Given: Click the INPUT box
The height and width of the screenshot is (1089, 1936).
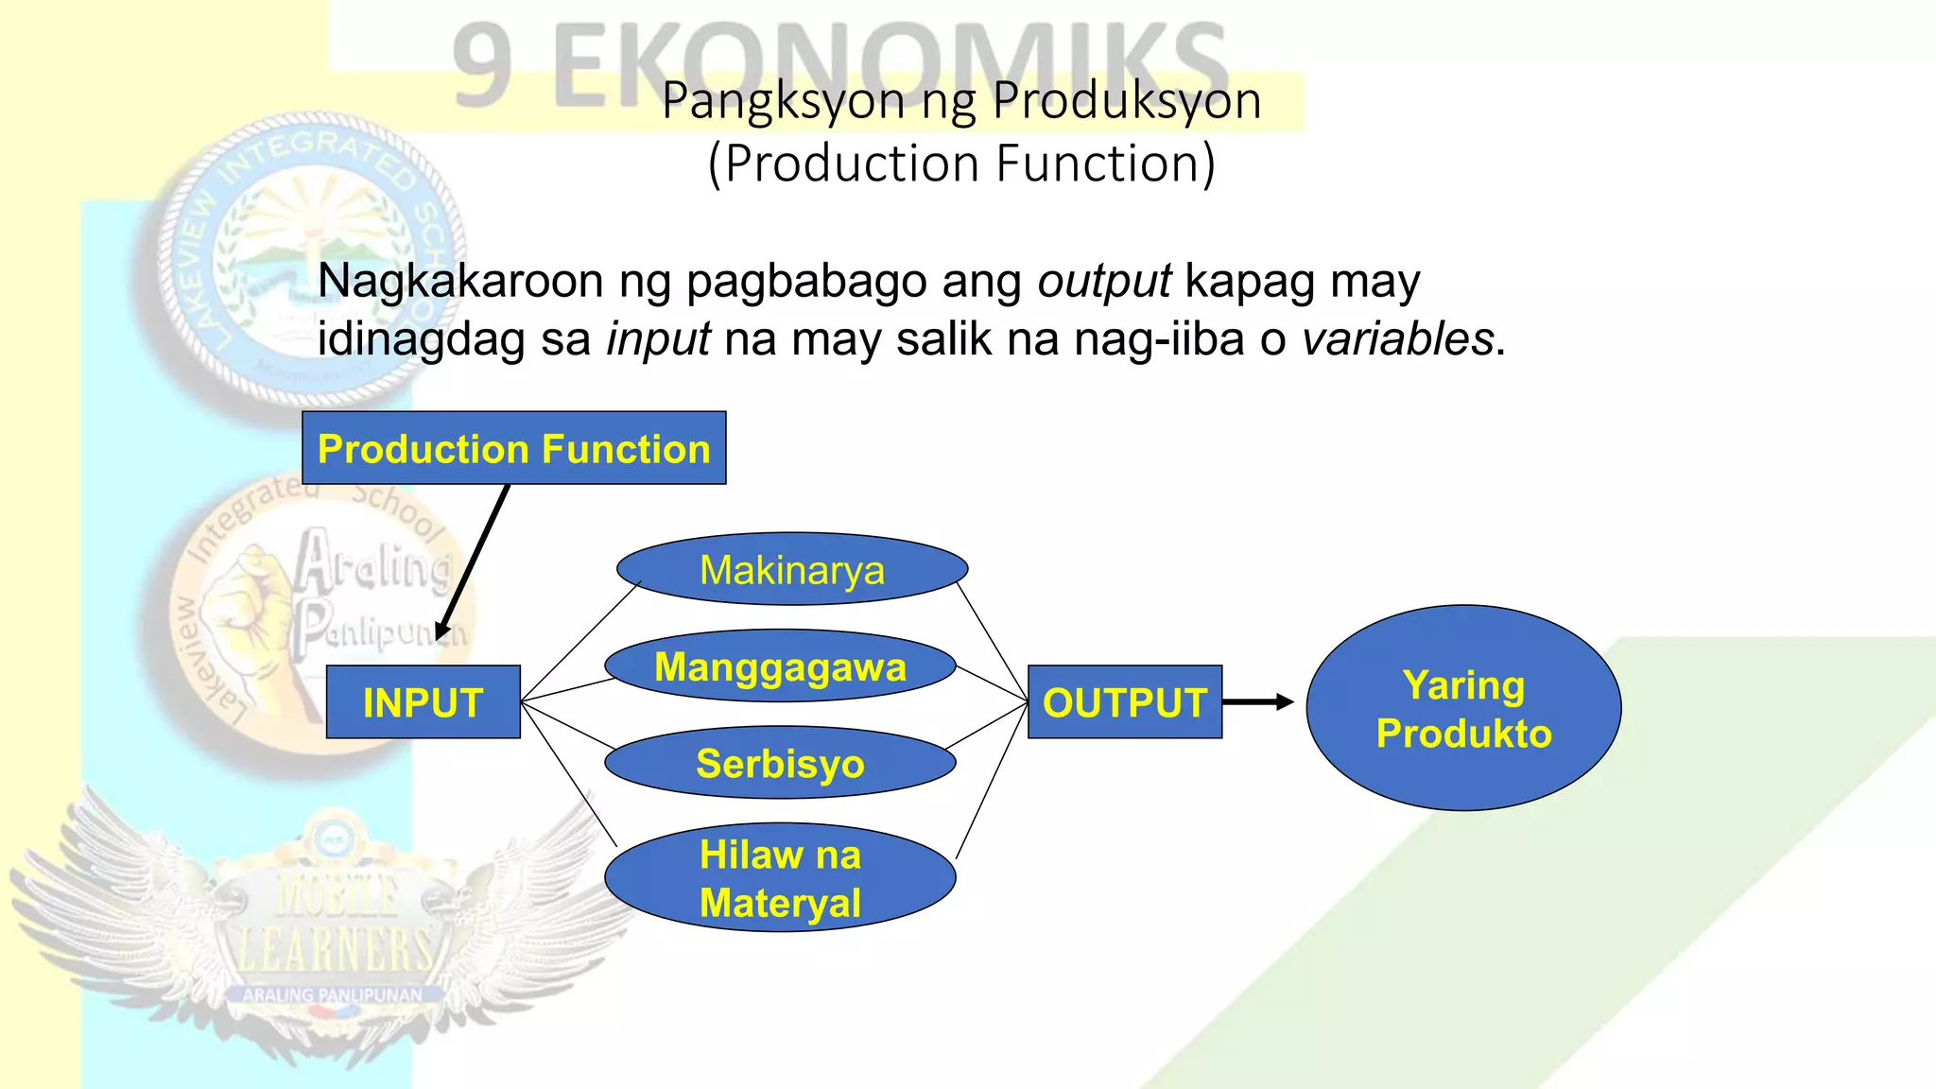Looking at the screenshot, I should click(x=423, y=701).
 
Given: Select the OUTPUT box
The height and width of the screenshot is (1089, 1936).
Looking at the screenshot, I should click(x=1124, y=701).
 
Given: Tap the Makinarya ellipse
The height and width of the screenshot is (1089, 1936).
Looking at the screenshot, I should click(x=792, y=569).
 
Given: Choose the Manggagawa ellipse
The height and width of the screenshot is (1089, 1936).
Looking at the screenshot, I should click(x=780, y=666).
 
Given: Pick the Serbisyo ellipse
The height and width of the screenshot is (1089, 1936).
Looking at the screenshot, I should click(x=780, y=763).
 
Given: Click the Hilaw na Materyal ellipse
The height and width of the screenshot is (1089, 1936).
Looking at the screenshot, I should click(x=780, y=878).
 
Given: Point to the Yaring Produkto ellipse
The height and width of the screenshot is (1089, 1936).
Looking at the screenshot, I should click(x=1463, y=708).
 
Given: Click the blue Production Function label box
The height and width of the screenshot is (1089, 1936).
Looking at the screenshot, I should click(x=513, y=448).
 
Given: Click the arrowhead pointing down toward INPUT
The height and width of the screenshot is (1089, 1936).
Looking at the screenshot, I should click(x=441, y=631).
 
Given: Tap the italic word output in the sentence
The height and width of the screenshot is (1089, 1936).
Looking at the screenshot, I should click(x=1104, y=281).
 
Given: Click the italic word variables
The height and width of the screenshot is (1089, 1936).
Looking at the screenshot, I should click(x=1397, y=338).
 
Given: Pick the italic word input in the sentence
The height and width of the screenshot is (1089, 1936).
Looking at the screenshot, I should click(x=658, y=338).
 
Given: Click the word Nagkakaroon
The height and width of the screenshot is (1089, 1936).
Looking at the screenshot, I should click(x=459, y=281).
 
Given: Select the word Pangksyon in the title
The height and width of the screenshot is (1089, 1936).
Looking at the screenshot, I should click(x=783, y=101).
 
